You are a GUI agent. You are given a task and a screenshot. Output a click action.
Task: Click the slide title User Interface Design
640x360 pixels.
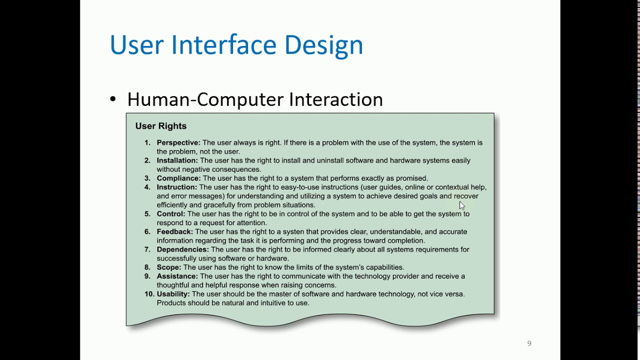point(236,45)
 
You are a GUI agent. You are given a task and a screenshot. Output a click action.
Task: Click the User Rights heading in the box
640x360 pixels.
point(160,126)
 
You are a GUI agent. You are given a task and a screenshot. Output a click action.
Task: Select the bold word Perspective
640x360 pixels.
point(178,142)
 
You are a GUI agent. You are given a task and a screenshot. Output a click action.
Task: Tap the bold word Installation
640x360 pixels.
point(177,160)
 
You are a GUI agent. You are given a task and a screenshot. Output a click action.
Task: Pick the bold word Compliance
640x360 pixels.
point(178,178)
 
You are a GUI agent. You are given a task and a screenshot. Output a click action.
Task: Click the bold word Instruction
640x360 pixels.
point(176,187)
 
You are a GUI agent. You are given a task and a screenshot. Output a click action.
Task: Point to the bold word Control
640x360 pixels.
point(170,213)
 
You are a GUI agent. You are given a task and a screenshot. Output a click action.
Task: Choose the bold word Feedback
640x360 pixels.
point(174,231)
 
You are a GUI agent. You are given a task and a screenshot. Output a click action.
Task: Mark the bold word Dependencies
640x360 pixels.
point(182,249)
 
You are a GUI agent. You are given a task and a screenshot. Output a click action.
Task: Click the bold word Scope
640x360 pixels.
point(168,267)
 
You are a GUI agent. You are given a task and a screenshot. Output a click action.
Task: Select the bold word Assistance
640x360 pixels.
point(177,276)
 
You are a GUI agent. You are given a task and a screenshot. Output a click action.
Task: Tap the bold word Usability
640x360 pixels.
point(173,294)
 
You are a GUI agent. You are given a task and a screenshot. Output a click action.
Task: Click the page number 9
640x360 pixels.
point(529,343)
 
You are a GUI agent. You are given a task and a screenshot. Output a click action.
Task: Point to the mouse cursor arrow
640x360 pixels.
point(461,205)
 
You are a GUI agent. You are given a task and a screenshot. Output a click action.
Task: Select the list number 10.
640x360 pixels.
point(149,294)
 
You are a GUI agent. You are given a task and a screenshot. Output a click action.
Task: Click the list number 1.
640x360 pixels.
point(147,142)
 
